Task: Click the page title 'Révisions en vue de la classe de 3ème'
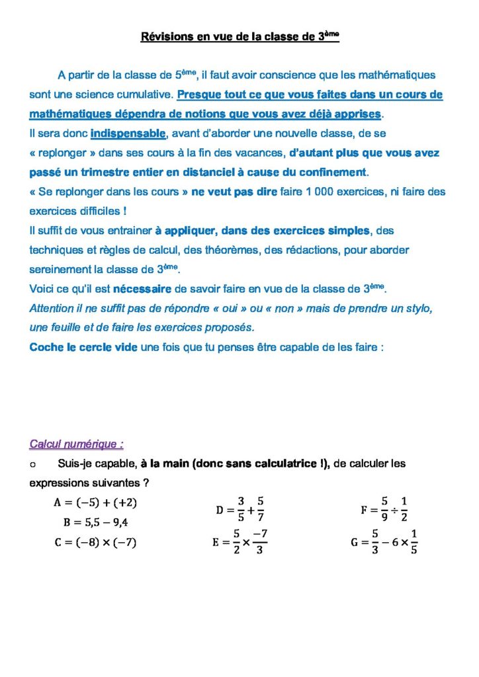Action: pos(239,37)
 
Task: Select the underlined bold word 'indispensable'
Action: pos(128,134)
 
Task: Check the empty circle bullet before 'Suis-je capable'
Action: pos(33,464)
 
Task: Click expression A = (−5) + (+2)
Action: pos(95,502)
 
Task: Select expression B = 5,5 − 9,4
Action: pos(95,522)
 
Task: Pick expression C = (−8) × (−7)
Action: pos(95,543)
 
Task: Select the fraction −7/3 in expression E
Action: pos(259,543)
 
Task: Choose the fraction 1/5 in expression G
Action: pos(414,543)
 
